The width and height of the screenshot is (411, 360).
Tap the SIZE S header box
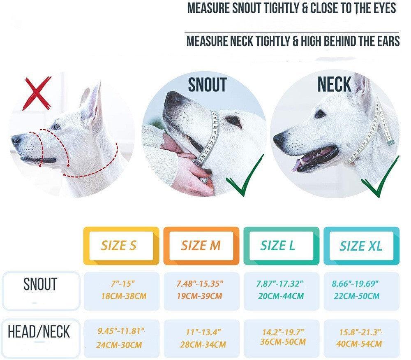click(121, 246)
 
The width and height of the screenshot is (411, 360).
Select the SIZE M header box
click(201, 246)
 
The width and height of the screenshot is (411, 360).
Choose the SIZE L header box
click(281, 246)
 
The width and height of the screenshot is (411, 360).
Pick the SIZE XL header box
click(361, 246)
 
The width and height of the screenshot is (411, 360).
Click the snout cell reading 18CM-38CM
click(122, 290)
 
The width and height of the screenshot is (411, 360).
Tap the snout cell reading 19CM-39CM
click(201, 290)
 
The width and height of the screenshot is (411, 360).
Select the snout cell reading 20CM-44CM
click(282, 290)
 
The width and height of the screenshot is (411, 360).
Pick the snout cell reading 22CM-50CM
click(361, 290)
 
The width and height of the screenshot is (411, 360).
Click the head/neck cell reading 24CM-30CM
click(122, 337)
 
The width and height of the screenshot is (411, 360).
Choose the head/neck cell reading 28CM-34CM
click(201, 337)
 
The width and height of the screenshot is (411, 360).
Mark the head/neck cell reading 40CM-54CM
click(361, 337)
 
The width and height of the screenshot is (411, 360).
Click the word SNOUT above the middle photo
click(207, 85)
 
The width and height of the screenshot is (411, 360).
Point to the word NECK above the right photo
click(334, 84)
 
